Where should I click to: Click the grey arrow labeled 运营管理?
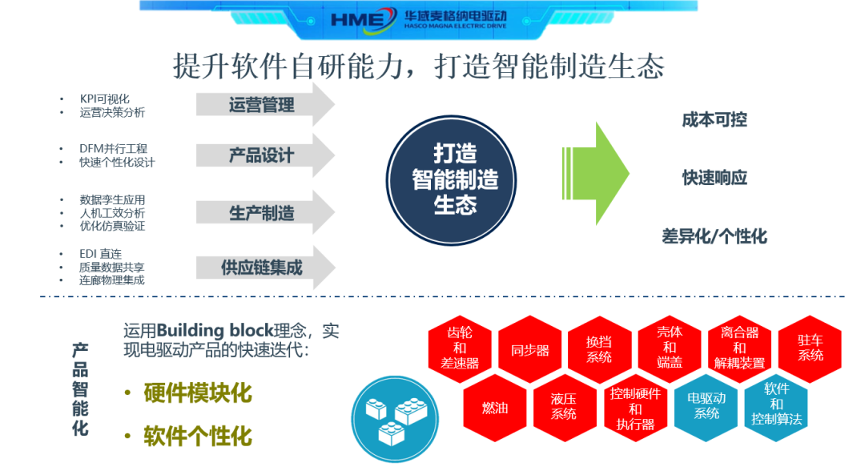265,105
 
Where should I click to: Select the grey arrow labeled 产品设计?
265,155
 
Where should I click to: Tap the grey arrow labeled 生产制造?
265,213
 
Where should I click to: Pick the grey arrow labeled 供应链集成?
265,268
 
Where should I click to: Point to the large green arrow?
597,174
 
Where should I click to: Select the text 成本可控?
714,120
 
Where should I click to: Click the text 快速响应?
714,178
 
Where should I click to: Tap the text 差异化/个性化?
714,236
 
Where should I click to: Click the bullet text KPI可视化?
104,99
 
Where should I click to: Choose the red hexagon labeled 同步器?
529,350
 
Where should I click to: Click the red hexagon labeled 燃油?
494,407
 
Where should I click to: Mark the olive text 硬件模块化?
197,393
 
